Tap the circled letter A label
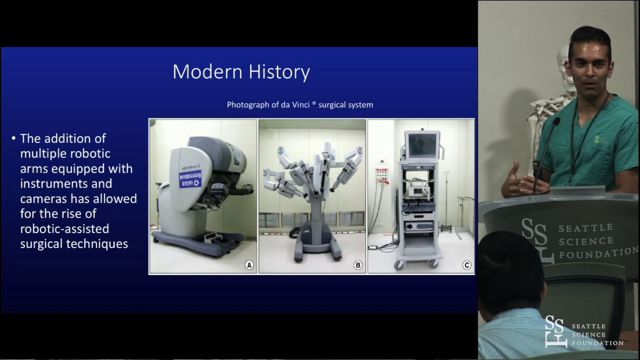pyautogui.click(x=248, y=265)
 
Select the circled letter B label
pyautogui.click(x=357, y=265)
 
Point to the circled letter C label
pyautogui.click(x=466, y=265)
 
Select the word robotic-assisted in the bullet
pyautogui.click(x=64, y=229)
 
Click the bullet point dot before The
pyautogui.click(x=13, y=138)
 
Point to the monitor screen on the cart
pyautogui.click(x=421, y=144)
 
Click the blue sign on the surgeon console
pyautogui.click(x=189, y=179)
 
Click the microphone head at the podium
pyautogui.click(x=555, y=121)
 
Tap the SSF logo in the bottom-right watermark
pyautogui.click(x=556, y=331)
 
